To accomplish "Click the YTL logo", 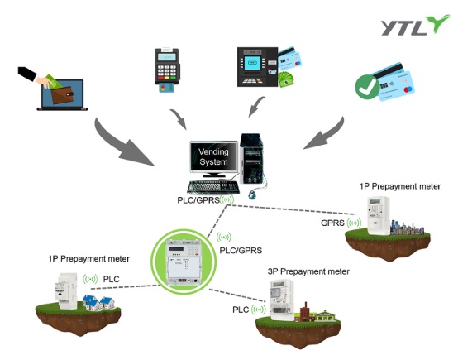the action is (x=415, y=25).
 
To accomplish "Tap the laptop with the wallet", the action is (x=62, y=94).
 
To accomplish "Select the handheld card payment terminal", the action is (x=167, y=70).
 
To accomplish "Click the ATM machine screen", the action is (x=252, y=63).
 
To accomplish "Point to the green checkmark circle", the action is (x=367, y=87).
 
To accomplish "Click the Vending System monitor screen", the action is (x=214, y=156).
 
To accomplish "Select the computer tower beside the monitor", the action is (x=251, y=159).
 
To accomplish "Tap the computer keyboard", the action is (x=213, y=187).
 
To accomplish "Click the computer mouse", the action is (x=252, y=194).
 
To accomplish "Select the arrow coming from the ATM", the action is (x=256, y=107).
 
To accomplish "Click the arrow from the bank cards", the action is (x=327, y=135).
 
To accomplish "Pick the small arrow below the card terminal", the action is (x=179, y=118).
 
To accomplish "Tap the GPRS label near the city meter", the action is (x=332, y=223).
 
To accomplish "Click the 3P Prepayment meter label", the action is (x=308, y=271).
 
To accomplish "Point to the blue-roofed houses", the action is (x=98, y=302).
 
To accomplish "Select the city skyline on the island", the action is (x=408, y=228).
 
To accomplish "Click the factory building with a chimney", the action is (x=305, y=313).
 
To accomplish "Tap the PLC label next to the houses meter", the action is (x=112, y=279).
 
